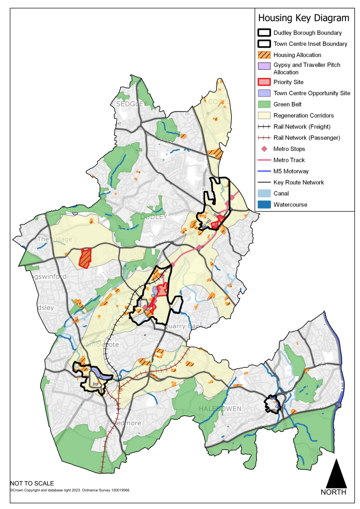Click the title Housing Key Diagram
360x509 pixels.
[304, 18]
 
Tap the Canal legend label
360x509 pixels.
[281, 193]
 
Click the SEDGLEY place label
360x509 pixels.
[128, 104]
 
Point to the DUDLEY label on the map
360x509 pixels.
[154, 217]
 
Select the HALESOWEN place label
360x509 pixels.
[220, 408]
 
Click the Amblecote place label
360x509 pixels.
[102, 345]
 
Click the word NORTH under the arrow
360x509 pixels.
[334, 493]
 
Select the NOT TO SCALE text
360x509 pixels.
[32, 484]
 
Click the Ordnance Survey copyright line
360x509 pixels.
[70, 490]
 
